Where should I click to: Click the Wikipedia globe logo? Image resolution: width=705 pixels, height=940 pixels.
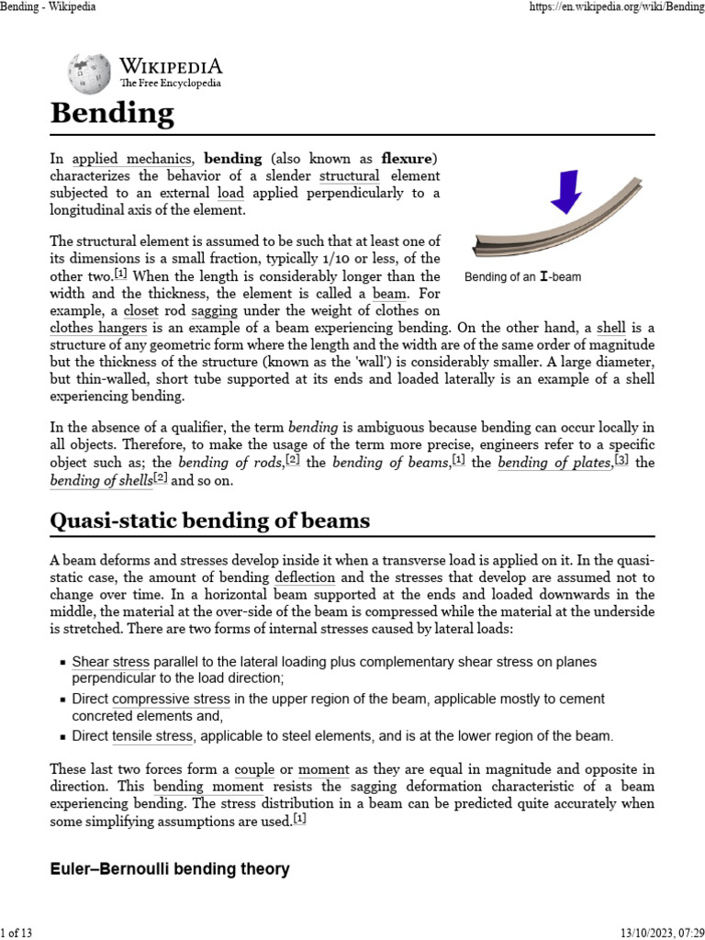89,73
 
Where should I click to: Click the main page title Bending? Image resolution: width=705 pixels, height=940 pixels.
111,114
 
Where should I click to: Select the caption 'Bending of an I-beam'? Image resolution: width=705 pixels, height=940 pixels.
522,276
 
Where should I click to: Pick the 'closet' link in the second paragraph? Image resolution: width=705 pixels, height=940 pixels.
140,310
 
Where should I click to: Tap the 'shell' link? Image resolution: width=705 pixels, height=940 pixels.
610,327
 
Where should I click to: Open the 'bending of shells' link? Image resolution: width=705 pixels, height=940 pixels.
101,480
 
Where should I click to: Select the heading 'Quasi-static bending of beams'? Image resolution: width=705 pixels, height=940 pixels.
209,521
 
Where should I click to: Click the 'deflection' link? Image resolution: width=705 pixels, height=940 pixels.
305,577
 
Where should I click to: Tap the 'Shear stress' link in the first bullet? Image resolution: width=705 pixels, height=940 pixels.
110,662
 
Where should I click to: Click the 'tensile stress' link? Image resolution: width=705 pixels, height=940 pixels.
152,736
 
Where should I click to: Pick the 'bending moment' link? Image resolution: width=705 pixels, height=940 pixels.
208,787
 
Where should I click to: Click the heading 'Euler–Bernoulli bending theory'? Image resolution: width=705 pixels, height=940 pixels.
170,868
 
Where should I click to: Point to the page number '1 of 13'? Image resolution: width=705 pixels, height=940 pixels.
17,933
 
